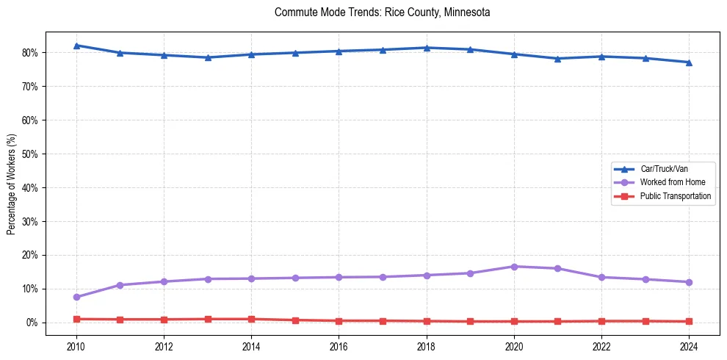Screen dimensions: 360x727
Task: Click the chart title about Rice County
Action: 382,12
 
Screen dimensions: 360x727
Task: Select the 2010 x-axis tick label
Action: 76,348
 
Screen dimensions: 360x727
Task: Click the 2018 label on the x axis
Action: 427,348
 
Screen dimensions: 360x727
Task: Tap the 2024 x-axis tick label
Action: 689,348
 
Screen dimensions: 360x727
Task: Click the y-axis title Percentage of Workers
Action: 12,184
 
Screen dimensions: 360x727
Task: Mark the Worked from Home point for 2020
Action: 514,267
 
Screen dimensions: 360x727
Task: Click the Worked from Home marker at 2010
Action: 76,297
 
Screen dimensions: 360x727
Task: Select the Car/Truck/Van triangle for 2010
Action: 76,46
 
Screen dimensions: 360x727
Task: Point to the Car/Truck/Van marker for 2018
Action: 427,48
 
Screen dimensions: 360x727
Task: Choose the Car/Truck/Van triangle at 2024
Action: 689,62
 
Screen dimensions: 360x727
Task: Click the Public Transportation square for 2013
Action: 208,319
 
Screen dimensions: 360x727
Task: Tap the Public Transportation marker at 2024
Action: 689,321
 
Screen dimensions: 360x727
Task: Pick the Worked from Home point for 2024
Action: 689,282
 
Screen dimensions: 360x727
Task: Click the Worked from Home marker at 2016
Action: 339,277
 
